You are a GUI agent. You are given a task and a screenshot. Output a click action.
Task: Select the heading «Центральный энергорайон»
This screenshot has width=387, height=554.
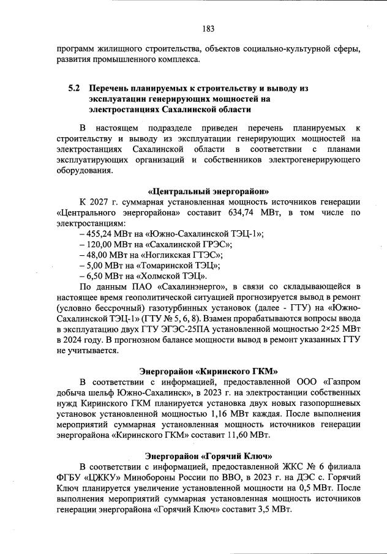pyautogui.click(x=208, y=190)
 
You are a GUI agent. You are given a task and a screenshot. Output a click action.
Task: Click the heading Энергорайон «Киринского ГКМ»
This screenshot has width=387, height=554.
pyautogui.click(x=208, y=372)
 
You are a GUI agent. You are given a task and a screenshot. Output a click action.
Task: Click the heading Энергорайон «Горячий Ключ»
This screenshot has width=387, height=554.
pyautogui.click(x=208, y=456)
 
